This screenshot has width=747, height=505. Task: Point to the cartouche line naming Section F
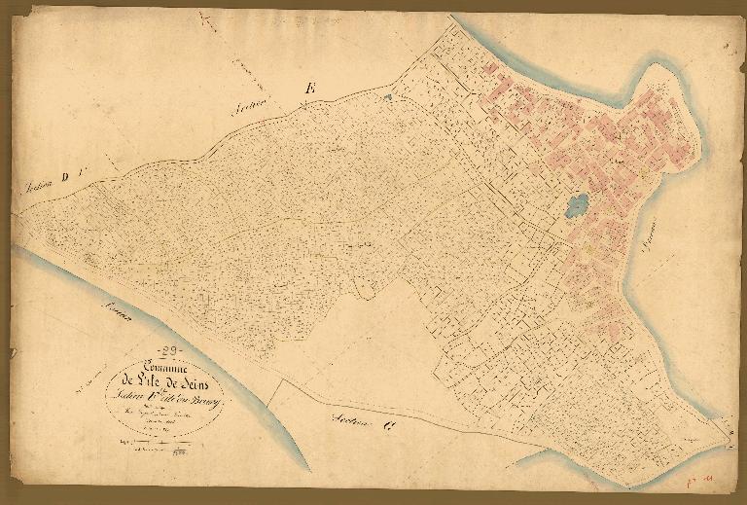[165, 398]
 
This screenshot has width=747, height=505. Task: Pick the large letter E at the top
[310, 90]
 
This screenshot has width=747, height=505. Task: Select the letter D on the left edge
[65, 176]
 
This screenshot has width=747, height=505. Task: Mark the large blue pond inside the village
[576, 206]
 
